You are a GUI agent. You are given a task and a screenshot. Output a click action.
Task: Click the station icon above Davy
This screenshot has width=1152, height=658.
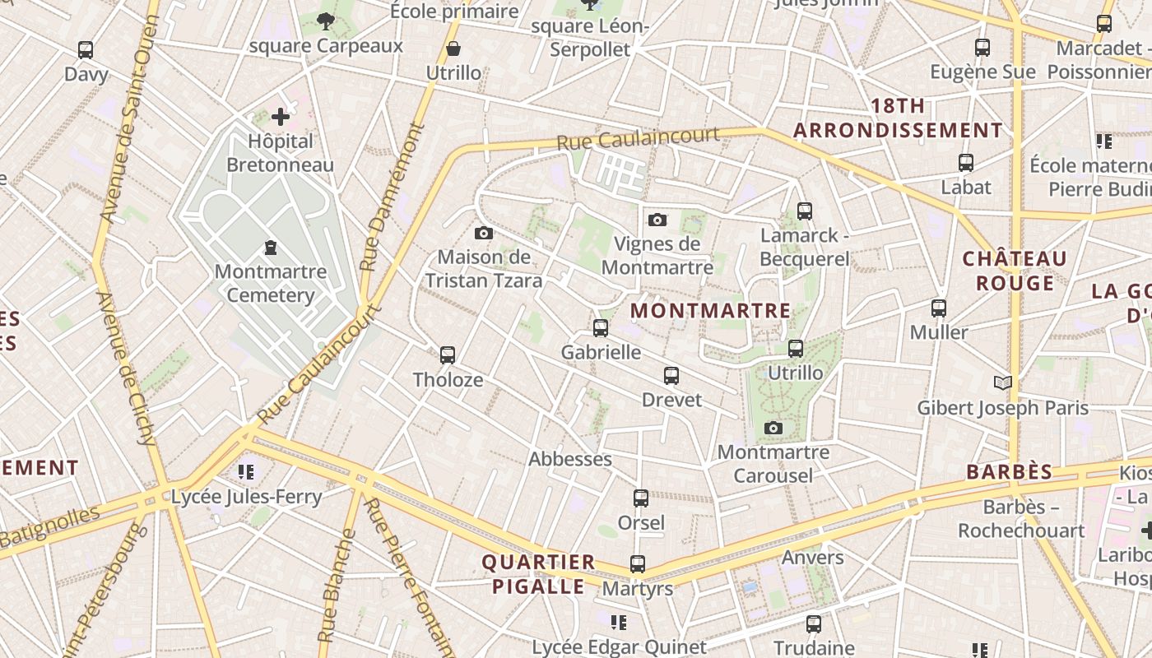tap(86, 50)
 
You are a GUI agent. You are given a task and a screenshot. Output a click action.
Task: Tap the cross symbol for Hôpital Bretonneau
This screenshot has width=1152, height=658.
tap(281, 117)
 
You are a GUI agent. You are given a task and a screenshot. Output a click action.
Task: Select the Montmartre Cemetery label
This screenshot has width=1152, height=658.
tap(271, 284)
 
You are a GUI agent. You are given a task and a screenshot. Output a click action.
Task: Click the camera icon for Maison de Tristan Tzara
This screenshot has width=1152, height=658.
tap(484, 234)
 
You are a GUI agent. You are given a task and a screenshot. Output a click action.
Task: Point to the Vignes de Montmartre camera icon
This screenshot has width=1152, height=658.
tap(657, 220)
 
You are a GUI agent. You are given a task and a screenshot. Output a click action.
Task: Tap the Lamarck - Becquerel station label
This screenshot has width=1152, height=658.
tap(804, 248)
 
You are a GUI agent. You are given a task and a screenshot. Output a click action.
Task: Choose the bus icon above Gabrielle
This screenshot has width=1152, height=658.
tap(601, 328)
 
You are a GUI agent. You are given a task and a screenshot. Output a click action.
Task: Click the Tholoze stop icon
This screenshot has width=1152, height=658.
tap(448, 355)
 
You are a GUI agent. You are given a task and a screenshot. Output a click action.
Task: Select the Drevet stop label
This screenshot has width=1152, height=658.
tap(671, 401)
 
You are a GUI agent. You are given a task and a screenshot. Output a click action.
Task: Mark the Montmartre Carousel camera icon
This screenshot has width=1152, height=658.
tap(773, 429)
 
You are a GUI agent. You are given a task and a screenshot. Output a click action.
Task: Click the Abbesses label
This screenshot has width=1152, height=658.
tap(570, 459)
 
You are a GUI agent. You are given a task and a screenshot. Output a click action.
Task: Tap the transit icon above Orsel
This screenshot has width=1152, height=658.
tap(641, 498)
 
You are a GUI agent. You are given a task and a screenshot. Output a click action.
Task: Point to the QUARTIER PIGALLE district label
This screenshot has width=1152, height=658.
tap(538, 574)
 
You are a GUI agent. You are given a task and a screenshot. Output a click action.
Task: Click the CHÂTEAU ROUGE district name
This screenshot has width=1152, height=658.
tap(1015, 271)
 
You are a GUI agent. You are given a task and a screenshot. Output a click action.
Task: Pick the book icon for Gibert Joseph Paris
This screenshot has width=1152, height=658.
tap(1002, 382)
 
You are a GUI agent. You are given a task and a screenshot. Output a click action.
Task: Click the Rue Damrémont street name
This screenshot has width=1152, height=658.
tap(392, 197)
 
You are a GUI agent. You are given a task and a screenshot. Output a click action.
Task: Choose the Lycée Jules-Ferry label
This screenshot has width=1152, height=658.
tap(246, 497)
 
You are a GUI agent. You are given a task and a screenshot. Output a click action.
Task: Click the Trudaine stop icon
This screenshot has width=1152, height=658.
tap(814, 624)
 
